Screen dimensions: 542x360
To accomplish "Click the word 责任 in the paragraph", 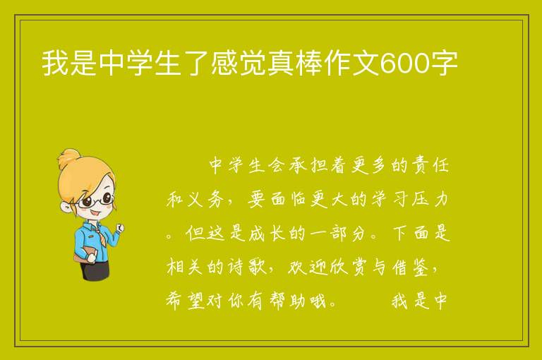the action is [431, 165].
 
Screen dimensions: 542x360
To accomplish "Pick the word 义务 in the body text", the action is [207, 199].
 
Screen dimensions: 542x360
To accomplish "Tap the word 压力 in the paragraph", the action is [431, 199].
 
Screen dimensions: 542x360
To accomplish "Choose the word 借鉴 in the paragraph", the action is [411, 267].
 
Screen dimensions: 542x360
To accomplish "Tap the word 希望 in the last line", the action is [186, 301].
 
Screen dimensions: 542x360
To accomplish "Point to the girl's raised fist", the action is [120, 228].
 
